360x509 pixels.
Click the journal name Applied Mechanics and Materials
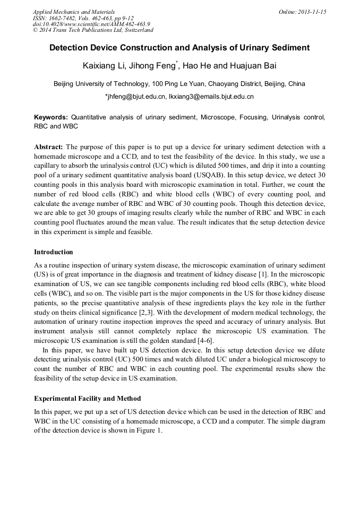pyautogui.click(x=73, y=12)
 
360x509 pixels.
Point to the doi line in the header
pyautogui.click(x=91, y=24)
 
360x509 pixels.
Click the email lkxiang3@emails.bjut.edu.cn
pyautogui.click(x=211, y=97)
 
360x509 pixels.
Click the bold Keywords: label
pyautogui.click(x=51, y=116)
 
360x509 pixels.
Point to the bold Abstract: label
pyautogui.click(x=48, y=146)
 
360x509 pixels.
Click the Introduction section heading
pyautogui.click(x=54, y=252)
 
